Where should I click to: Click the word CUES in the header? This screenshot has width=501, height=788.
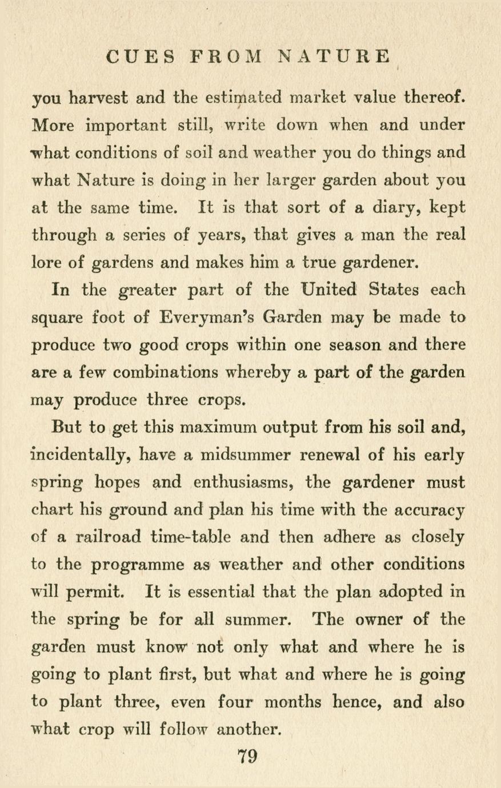[141, 57]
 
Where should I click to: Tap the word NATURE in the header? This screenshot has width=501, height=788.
[335, 57]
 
